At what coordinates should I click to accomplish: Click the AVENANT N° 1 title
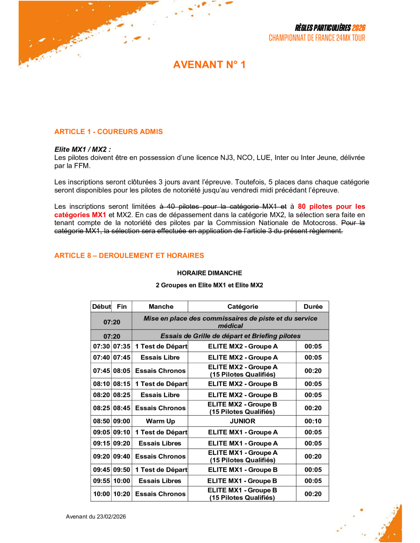209,65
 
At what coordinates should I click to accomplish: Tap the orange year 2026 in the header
359,28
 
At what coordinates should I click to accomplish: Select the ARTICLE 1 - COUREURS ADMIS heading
109,132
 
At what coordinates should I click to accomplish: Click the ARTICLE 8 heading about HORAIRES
129,256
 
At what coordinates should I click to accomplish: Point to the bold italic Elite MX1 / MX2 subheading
82,149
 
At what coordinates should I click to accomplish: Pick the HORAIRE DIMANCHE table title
209,273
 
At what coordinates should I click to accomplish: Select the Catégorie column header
242,307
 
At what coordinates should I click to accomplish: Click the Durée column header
313,307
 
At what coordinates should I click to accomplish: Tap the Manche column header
161,307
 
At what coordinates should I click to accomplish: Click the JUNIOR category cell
242,421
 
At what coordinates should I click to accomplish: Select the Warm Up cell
160,421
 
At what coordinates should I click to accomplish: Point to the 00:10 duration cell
313,421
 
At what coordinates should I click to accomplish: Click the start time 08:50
102,421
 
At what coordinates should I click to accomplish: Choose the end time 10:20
122,494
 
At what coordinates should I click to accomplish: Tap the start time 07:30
102,346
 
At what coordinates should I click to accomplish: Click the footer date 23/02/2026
111,517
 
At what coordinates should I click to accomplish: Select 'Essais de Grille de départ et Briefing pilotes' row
230,336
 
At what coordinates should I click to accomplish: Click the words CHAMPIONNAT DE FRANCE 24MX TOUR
317,38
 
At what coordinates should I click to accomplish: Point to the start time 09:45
102,469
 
